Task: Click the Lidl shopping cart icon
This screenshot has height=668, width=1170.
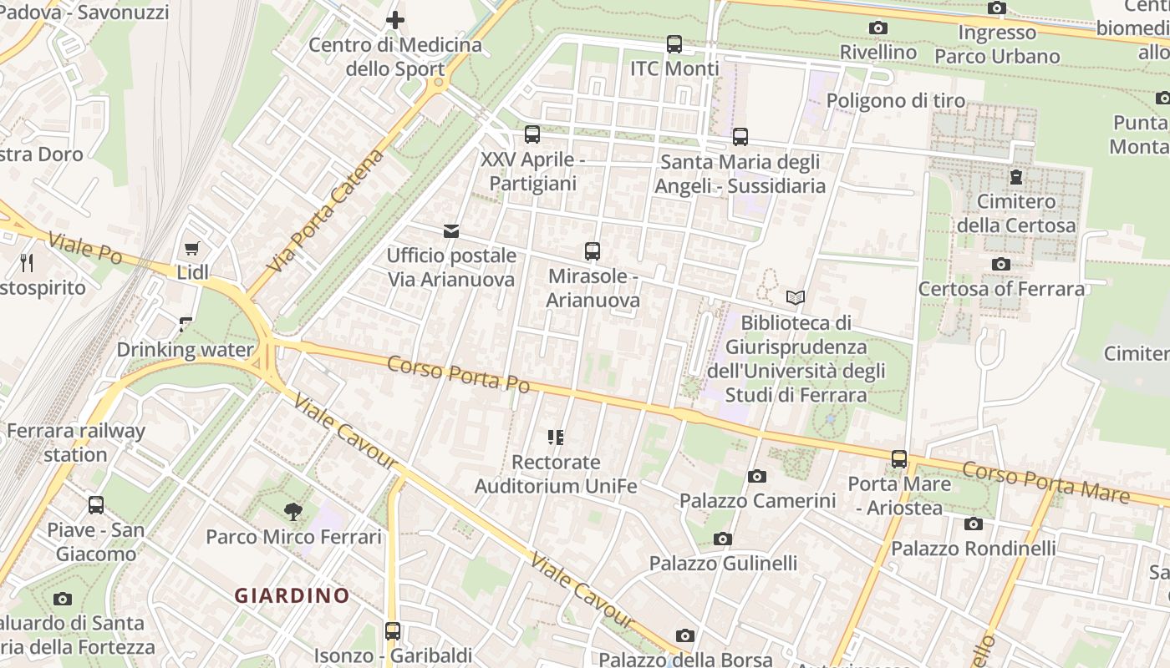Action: click(192, 248)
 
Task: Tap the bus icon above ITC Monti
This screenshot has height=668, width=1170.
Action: click(674, 43)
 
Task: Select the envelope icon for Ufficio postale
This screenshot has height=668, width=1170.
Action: click(451, 231)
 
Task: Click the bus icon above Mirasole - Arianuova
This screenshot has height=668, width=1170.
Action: click(593, 250)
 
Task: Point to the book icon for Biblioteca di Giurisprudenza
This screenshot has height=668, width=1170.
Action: click(796, 297)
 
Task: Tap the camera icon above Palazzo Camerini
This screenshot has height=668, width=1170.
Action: click(757, 476)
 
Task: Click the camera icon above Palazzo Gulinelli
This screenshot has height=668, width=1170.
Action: click(723, 539)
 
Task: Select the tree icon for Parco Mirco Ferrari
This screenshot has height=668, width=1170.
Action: click(293, 512)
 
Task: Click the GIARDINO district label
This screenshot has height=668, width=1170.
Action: click(292, 595)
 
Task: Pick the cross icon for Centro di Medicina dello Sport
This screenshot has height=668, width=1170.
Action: click(395, 19)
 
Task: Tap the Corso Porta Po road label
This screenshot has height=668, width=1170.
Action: click(459, 373)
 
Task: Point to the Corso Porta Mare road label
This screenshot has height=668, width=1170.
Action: click(1045, 483)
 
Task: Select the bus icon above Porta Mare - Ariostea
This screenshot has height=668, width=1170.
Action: click(899, 458)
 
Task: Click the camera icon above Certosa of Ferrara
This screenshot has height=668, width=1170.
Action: click(1001, 265)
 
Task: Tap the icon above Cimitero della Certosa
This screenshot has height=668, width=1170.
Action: click(1015, 176)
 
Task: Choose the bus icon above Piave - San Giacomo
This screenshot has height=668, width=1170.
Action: click(96, 504)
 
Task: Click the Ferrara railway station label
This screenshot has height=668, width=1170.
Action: click(76, 443)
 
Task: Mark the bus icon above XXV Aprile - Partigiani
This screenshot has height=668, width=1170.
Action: click(532, 134)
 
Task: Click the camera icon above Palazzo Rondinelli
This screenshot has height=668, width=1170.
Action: click(974, 524)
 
